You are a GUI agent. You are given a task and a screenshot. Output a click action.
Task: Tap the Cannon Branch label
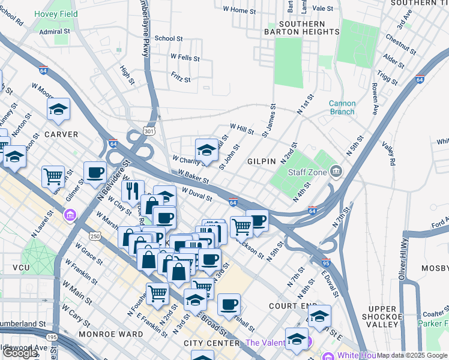(342, 107)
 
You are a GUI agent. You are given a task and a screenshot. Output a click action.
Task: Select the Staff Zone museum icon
(336, 173)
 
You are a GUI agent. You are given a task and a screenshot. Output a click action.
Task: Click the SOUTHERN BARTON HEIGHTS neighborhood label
(301, 28)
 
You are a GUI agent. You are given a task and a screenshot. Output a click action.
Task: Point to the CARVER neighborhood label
(61, 134)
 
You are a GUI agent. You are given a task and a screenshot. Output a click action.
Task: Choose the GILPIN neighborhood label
(261, 161)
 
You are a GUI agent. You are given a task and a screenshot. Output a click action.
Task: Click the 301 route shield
(150, 130)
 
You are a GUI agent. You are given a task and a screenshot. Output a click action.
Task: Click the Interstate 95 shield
(326, 263)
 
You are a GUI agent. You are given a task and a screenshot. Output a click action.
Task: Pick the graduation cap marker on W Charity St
(206, 150)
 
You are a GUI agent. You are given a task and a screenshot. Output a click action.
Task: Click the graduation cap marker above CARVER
(58, 109)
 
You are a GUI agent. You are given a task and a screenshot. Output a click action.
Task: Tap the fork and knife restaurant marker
(131, 191)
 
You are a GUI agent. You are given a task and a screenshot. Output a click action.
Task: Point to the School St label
(169, 38)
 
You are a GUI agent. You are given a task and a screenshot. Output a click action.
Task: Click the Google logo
(20, 353)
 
